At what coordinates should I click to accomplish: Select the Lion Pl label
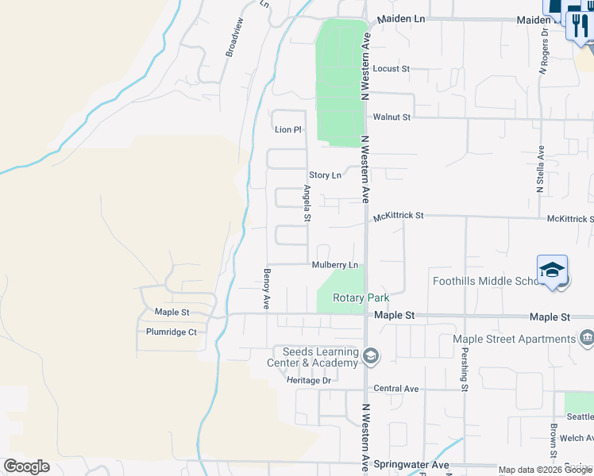[288, 129]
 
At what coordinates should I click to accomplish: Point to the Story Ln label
[325, 175]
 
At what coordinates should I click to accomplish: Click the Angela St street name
[307, 204]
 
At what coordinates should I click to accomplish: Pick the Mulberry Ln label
[335, 265]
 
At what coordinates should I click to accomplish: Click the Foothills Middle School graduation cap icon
[552, 271]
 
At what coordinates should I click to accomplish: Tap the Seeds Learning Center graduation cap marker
[370, 358]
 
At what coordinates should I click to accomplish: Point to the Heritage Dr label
[309, 381]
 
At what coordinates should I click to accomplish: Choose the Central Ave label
[395, 389]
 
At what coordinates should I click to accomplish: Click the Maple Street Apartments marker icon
[587, 339]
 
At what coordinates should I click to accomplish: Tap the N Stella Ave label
[540, 170]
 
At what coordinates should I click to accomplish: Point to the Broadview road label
[233, 36]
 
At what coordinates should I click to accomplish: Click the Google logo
[26, 466]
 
